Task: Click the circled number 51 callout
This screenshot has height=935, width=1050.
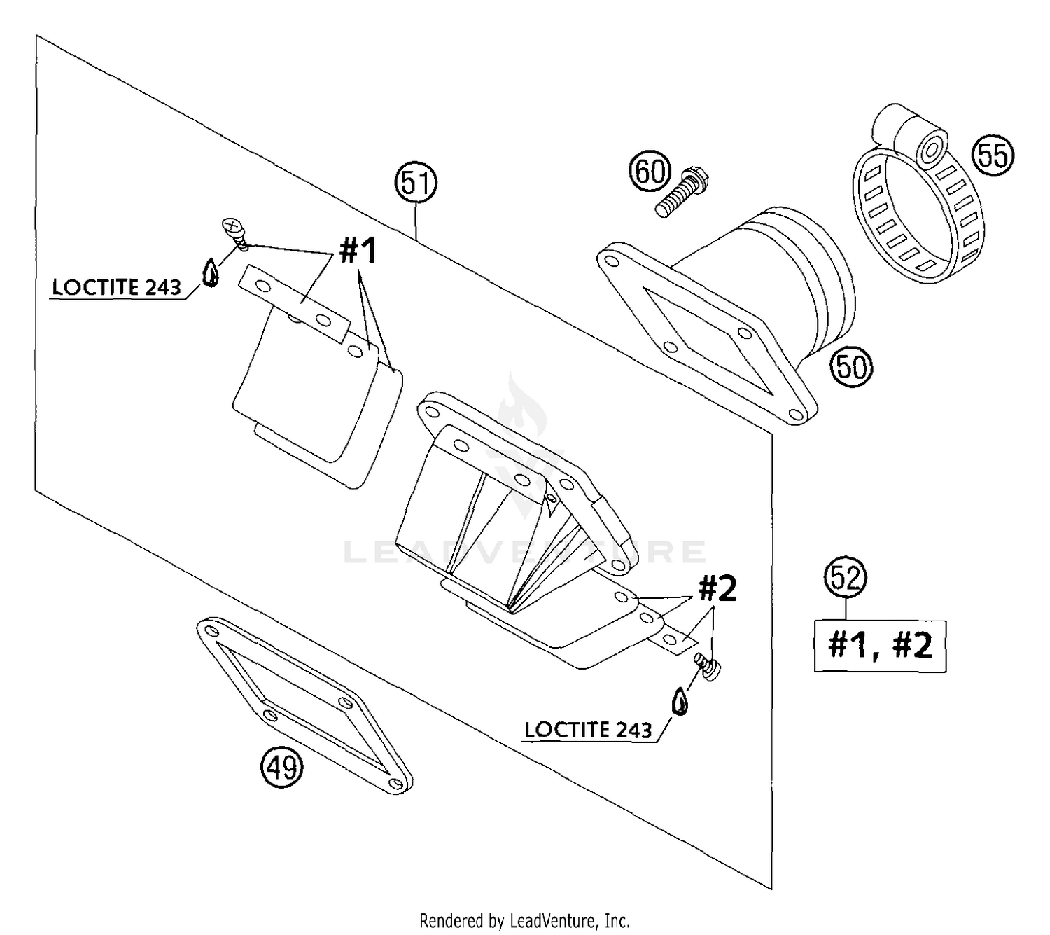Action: click(x=416, y=183)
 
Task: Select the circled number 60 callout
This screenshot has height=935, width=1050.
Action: click(x=650, y=172)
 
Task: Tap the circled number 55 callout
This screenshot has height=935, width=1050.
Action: click(x=993, y=155)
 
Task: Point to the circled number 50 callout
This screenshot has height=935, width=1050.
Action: click(x=851, y=366)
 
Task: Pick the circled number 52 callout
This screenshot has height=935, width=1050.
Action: click(x=846, y=578)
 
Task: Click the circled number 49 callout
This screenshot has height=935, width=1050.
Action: click(x=282, y=766)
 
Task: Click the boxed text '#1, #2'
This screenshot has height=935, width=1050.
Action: click(x=880, y=646)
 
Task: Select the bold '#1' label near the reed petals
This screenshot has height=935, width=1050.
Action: click(x=358, y=251)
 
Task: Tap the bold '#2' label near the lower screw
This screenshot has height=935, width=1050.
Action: click(x=717, y=590)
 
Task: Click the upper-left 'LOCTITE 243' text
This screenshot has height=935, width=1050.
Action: click(x=117, y=287)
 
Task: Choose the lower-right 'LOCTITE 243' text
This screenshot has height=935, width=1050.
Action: click(x=588, y=730)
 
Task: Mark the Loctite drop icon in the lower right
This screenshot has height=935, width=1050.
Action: click(x=679, y=702)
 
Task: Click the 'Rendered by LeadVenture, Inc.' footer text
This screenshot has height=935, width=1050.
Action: click(x=524, y=920)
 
